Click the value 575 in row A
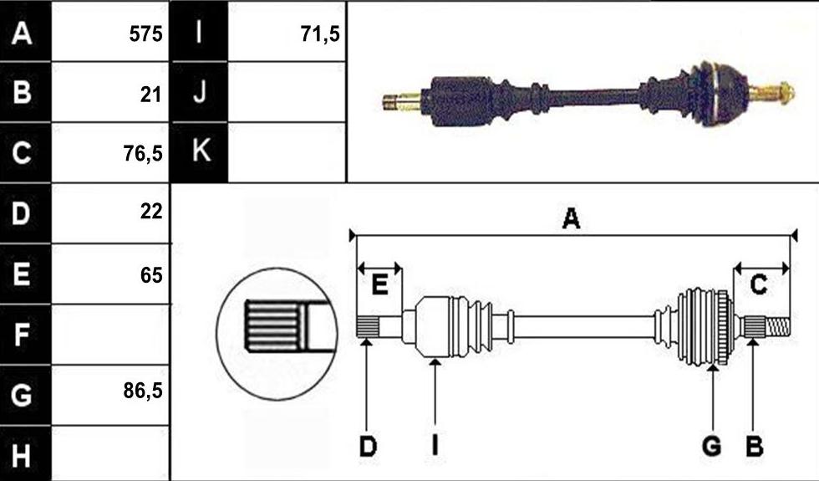(145, 34)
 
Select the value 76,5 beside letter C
(143, 154)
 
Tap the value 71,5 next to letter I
(320, 34)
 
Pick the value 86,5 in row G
(143, 391)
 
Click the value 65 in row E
(151, 275)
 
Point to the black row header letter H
(21, 455)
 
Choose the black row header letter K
(201, 151)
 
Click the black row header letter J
(200, 92)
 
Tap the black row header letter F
(20, 335)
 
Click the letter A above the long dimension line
(571, 218)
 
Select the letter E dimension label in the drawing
(379, 285)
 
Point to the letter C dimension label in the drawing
(759, 284)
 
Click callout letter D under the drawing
(368, 447)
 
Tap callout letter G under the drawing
(712, 447)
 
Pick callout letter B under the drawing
(754, 447)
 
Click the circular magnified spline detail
(277, 334)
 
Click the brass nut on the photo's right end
(785, 93)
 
